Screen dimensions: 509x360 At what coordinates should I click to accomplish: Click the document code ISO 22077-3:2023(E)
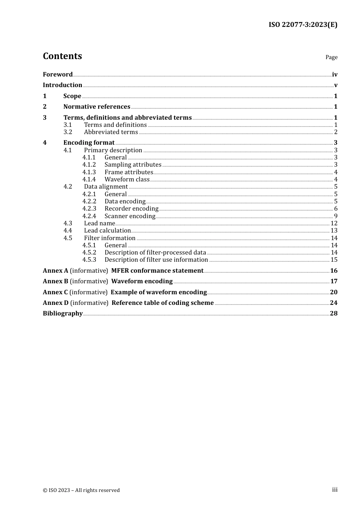(x=303, y=25)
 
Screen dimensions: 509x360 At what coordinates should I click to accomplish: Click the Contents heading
(x=62, y=56)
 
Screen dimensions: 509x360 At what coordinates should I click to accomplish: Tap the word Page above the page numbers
(x=331, y=57)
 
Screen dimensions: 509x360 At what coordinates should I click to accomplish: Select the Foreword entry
(x=58, y=74)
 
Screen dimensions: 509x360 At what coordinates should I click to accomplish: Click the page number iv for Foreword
(x=334, y=75)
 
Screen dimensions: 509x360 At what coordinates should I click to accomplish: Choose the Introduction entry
(x=63, y=85)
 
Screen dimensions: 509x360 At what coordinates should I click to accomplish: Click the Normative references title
(x=97, y=106)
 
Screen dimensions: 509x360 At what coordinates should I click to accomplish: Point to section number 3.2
(x=68, y=132)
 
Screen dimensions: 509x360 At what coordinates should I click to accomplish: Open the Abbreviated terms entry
(x=111, y=132)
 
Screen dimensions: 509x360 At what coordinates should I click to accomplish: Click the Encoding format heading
(x=89, y=142)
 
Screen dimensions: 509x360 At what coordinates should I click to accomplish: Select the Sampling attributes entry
(x=133, y=164)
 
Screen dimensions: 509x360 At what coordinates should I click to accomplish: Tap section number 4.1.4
(x=89, y=179)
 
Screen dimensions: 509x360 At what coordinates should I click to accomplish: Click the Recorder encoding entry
(x=131, y=208)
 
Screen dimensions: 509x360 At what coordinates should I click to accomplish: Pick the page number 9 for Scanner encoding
(x=335, y=216)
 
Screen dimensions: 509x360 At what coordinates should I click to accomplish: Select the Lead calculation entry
(x=107, y=230)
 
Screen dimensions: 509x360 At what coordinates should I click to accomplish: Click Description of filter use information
(x=156, y=259)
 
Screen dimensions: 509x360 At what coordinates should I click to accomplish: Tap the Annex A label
(x=55, y=270)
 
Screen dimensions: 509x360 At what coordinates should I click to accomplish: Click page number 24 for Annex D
(x=333, y=303)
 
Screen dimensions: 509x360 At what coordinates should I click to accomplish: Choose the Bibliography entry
(x=63, y=313)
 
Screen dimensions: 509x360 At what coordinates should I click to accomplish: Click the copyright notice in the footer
(x=81, y=490)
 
